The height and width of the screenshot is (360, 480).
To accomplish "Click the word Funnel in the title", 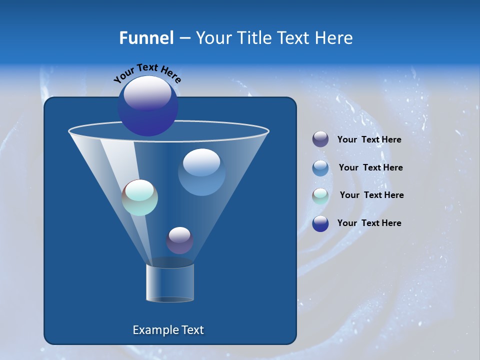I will (146, 37).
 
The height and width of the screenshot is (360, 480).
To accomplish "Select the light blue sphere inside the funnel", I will (201, 172).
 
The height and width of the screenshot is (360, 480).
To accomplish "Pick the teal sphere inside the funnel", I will (140, 197).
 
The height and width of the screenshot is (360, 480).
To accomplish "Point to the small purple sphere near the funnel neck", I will (179, 240).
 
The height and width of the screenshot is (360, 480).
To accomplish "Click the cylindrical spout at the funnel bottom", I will (169, 283).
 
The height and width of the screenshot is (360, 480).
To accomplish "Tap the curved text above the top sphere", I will (147, 72).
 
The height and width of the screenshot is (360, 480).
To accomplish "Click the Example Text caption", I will (168, 330).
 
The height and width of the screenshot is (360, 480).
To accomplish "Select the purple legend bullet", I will (320, 139).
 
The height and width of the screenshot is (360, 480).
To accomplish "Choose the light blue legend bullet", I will (320, 167).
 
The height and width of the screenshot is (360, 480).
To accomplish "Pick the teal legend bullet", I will (320, 195).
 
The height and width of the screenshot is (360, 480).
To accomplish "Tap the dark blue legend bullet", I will (320, 223).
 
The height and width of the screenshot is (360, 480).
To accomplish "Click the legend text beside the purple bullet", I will (369, 140).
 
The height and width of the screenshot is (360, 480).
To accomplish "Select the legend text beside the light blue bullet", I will (370, 168).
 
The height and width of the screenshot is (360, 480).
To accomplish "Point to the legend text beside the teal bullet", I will (371, 195).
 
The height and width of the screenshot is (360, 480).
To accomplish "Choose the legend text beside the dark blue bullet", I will (369, 223).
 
